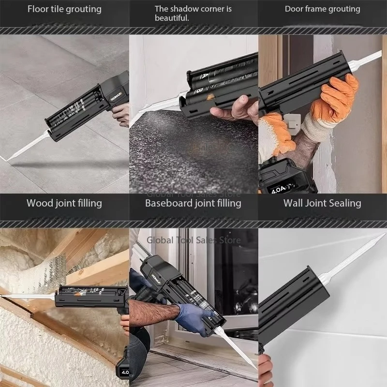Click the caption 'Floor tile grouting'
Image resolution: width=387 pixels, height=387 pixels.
coord(64,9)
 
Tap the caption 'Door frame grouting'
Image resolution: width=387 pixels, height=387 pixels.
coord(322,9)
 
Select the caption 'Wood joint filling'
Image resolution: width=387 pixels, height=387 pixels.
coord(64,203)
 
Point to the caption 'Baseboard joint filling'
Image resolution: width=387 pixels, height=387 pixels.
coord(193,203)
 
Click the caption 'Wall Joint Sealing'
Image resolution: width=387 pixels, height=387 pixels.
coord(322,203)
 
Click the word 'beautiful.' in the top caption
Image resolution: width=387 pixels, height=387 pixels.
coord(172,18)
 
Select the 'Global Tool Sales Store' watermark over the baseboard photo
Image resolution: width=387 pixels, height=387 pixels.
coord(193,239)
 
